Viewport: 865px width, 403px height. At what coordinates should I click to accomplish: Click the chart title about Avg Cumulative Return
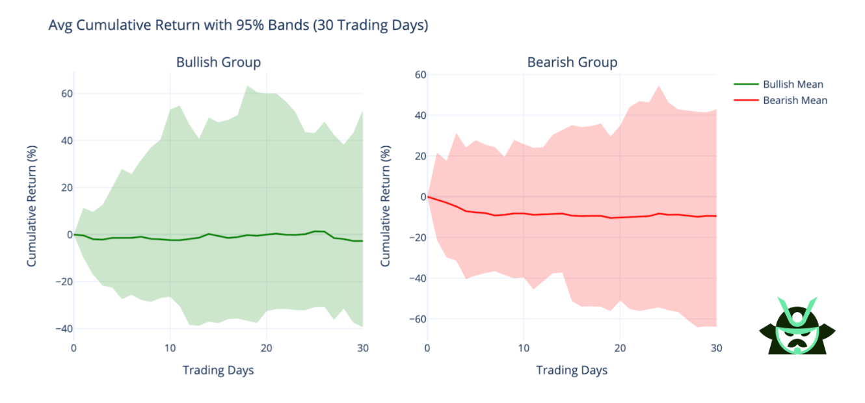pyautogui.click(x=238, y=26)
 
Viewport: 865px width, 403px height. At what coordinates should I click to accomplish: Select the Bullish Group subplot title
pyautogui.click(x=219, y=62)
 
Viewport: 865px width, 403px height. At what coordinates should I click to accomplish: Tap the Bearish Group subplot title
pyautogui.click(x=572, y=62)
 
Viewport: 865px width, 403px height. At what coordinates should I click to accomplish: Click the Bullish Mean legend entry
pyautogui.click(x=793, y=84)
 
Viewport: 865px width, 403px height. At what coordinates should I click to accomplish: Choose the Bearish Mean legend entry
pyautogui.click(x=795, y=100)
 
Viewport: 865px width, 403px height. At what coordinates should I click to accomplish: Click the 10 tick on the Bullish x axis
pyautogui.click(x=170, y=348)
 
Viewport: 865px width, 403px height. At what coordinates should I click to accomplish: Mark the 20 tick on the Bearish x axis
pyautogui.click(x=620, y=348)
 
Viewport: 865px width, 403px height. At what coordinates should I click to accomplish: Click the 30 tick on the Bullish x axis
pyautogui.click(x=363, y=348)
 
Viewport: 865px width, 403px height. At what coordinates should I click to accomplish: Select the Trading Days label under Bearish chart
pyautogui.click(x=572, y=370)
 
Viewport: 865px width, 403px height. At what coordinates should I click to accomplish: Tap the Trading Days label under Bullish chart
pyautogui.click(x=218, y=370)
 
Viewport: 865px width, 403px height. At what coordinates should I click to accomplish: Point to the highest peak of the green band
pyautogui.click(x=247, y=86)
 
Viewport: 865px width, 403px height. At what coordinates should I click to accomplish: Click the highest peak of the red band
pyautogui.click(x=659, y=86)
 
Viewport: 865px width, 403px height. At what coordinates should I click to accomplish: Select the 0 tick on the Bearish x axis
pyautogui.click(x=427, y=348)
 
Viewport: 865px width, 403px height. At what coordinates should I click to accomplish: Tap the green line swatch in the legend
pyautogui.click(x=746, y=84)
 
